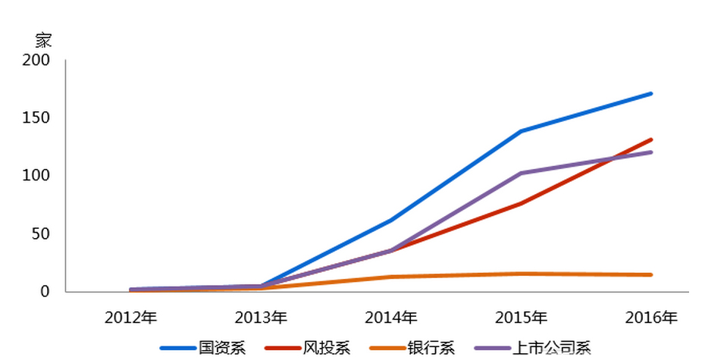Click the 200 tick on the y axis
click(x=36, y=60)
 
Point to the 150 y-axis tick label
click(x=36, y=118)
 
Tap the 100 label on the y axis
click(x=36, y=176)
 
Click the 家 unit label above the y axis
click(x=44, y=40)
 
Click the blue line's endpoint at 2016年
click(x=651, y=94)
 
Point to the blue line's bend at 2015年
click(x=521, y=131)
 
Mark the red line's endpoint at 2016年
click(x=651, y=139)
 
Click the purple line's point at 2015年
click(x=521, y=174)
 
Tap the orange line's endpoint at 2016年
click(x=651, y=275)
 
